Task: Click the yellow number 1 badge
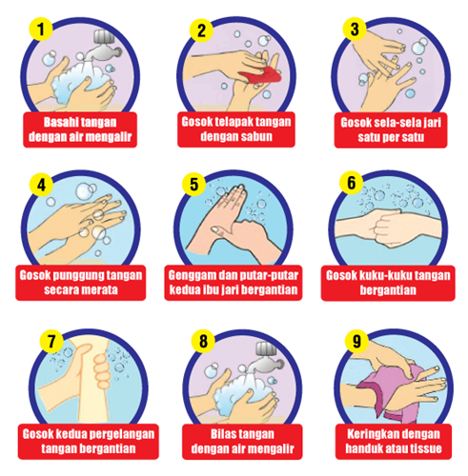tap(41, 29)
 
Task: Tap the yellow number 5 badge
tap(193, 185)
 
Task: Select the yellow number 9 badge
tap(356, 341)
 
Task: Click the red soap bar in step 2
tap(260, 75)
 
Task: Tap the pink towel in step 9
tap(391, 392)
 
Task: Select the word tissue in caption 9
tap(426, 448)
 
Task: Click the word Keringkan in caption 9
tap(368, 434)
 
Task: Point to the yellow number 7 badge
tap(51, 342)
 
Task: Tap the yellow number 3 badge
tap(355, 29)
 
